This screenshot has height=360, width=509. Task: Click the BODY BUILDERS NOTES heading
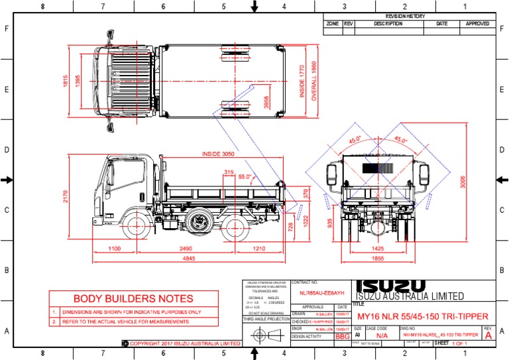133,299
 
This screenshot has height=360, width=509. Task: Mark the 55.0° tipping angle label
246,177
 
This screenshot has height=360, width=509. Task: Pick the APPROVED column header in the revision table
477,23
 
